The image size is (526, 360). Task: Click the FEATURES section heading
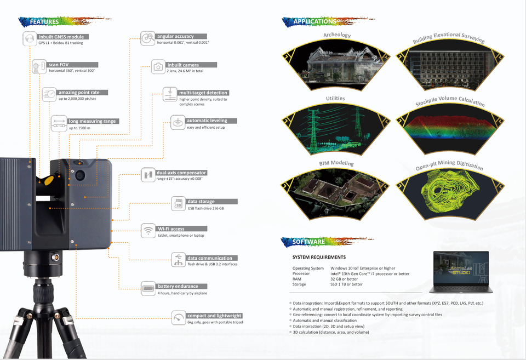44,22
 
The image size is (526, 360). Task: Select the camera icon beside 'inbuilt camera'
158,67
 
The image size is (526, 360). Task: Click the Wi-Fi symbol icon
147,231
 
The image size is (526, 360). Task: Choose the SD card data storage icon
178,204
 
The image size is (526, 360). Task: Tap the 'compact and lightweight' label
214,316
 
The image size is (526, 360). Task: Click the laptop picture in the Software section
461,270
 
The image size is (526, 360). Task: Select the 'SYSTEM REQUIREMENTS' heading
319,257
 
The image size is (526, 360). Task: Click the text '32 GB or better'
344,279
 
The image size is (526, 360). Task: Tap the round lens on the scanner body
81,175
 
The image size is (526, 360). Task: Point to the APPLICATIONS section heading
315,21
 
